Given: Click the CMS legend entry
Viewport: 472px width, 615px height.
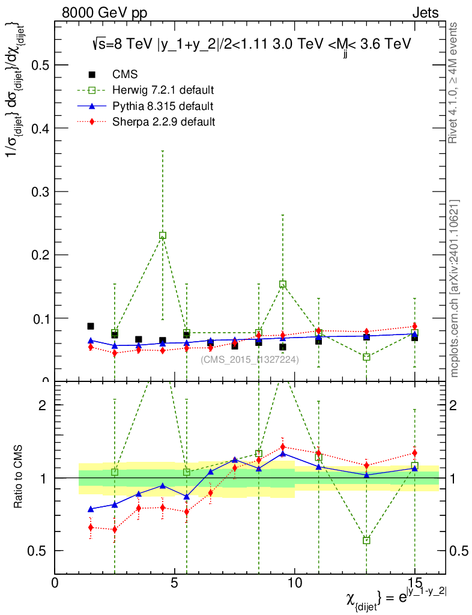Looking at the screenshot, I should pyautogui.click(x=125, y=74).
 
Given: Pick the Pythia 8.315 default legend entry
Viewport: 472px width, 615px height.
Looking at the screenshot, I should pyautogui.click(x=163, y=106).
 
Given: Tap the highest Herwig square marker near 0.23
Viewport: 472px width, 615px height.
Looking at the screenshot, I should pyautogui.click(x=163, y=235).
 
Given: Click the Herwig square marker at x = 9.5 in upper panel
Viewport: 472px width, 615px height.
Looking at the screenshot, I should pyautogui.click(x=283, y=284).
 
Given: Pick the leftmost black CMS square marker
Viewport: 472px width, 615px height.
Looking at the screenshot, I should pyautogui.click(x=91, y=326).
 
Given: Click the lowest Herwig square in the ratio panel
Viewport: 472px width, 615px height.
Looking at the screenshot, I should pyautogui.click(x=366, y=541).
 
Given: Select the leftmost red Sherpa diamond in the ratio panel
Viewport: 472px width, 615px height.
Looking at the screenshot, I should pyautogui.click(x=91, y=527).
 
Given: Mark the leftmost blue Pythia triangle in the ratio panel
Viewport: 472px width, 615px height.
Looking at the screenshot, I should pyautogui.click(x=91, y=509).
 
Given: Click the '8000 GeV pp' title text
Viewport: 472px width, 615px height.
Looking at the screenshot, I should pyautogui.click(x=104, y=13).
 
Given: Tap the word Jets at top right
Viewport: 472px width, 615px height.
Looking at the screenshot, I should pyautogui.click(x=425, y=13).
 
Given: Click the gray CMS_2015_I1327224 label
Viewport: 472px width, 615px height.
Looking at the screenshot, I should pyautogui.click(x=250, y=360).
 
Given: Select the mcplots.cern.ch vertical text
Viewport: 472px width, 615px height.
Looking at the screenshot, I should pyautogui.click(x=455, y=288).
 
